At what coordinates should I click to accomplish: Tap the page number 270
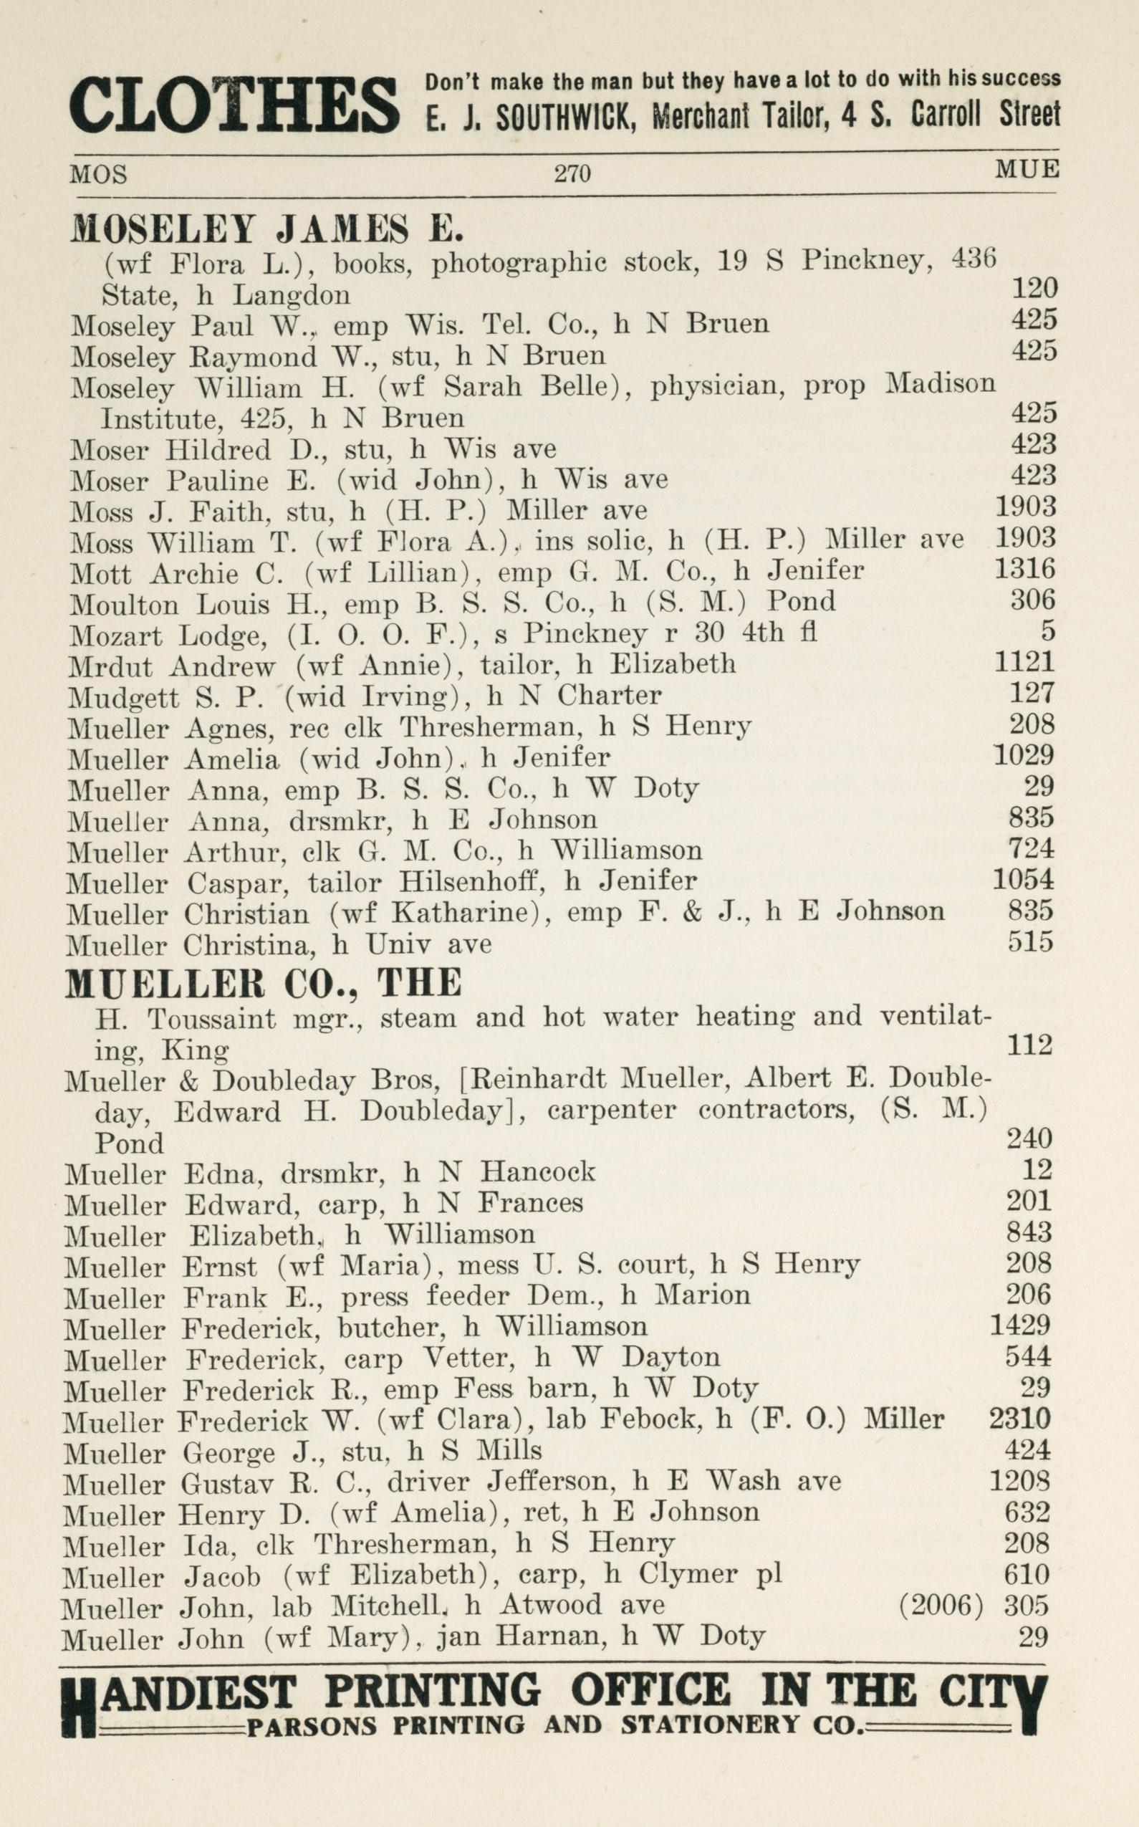tap(572, 174)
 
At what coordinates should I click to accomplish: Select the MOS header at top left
tap(98, 175)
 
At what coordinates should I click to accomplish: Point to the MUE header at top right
tap(1027, 169)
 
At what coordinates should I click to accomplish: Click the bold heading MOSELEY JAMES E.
tap(266, 229)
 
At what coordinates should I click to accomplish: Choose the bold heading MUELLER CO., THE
tap(263, 983)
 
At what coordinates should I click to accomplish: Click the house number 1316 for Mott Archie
tap(1024, 569)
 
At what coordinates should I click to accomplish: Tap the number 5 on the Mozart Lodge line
tap(1047, 630)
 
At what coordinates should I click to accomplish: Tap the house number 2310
tap(1019, 1419)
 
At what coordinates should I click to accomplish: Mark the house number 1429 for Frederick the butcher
tap(1021, 1325)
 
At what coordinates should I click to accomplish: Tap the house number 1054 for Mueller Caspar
tap(1023, 880)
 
